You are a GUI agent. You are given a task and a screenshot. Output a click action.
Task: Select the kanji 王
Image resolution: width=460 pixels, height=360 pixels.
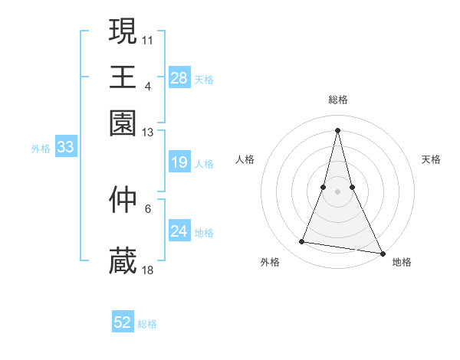pyautogui.click(x=123, y=77)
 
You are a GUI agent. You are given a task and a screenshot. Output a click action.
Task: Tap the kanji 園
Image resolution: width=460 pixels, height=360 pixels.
pyautogui.click(x=123, y=123)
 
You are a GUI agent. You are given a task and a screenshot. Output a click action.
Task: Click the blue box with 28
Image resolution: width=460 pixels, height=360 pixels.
pyautogui.click(x=179, y=78)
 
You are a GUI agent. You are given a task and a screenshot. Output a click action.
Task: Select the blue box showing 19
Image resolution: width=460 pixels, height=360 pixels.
pyautogui.click(x=179, y=162)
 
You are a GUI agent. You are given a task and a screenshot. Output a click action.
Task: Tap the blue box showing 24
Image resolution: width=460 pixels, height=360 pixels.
pyautogui.click(x=179, y=231)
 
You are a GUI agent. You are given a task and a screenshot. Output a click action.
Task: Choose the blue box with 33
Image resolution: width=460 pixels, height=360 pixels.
pyautogui.click(x=64, y=148)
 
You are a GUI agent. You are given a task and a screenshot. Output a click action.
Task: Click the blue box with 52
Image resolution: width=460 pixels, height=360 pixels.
pyautogui.click(x=123, y=322)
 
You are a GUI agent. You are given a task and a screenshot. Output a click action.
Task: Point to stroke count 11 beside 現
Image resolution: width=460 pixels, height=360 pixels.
pyautogui.click(x=148, y=38)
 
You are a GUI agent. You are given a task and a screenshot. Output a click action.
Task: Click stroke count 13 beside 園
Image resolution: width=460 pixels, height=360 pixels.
pyautogui.click(x=148, y=132)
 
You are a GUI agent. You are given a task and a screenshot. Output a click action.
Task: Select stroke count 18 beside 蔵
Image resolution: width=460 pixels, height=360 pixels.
pyautogui.click(x=148, y=270)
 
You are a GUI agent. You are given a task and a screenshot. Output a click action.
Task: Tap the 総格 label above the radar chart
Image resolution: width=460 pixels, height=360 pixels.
pyautogui.click(x=337, y=100)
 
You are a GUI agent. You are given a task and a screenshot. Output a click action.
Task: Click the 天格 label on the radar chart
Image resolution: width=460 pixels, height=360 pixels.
pyautogui.click(x=431, y=159)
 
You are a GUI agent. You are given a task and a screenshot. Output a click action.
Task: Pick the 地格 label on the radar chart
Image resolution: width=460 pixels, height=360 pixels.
pyautogui.click(x=402, y=262)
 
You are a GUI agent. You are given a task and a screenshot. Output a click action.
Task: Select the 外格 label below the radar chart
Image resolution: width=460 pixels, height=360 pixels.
pyautogui.click(x=271, y=262)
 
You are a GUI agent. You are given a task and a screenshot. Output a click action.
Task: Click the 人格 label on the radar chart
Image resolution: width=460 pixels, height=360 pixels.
pyautogui.click(x=245, y=159)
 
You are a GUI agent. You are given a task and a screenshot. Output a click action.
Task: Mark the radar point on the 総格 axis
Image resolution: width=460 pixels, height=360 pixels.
pyautogui.click(x=337, y=129)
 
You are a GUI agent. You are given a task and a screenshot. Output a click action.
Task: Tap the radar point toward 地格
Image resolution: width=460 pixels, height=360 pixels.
pyautogui.click(x=382, y=252)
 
